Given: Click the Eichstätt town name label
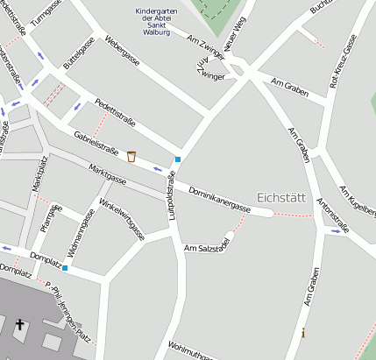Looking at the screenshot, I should click(281, 197).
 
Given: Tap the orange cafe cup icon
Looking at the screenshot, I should click(131, 157).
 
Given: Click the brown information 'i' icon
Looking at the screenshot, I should click(303, 333).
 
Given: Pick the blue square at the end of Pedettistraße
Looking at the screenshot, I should click(178, 159).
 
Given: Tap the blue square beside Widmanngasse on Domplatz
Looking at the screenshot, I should click(64, 267).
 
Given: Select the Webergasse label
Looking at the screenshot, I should click(124, 54).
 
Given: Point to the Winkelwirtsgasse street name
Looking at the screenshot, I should click(122, 219).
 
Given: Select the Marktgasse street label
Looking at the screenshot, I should click(106, 174).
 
